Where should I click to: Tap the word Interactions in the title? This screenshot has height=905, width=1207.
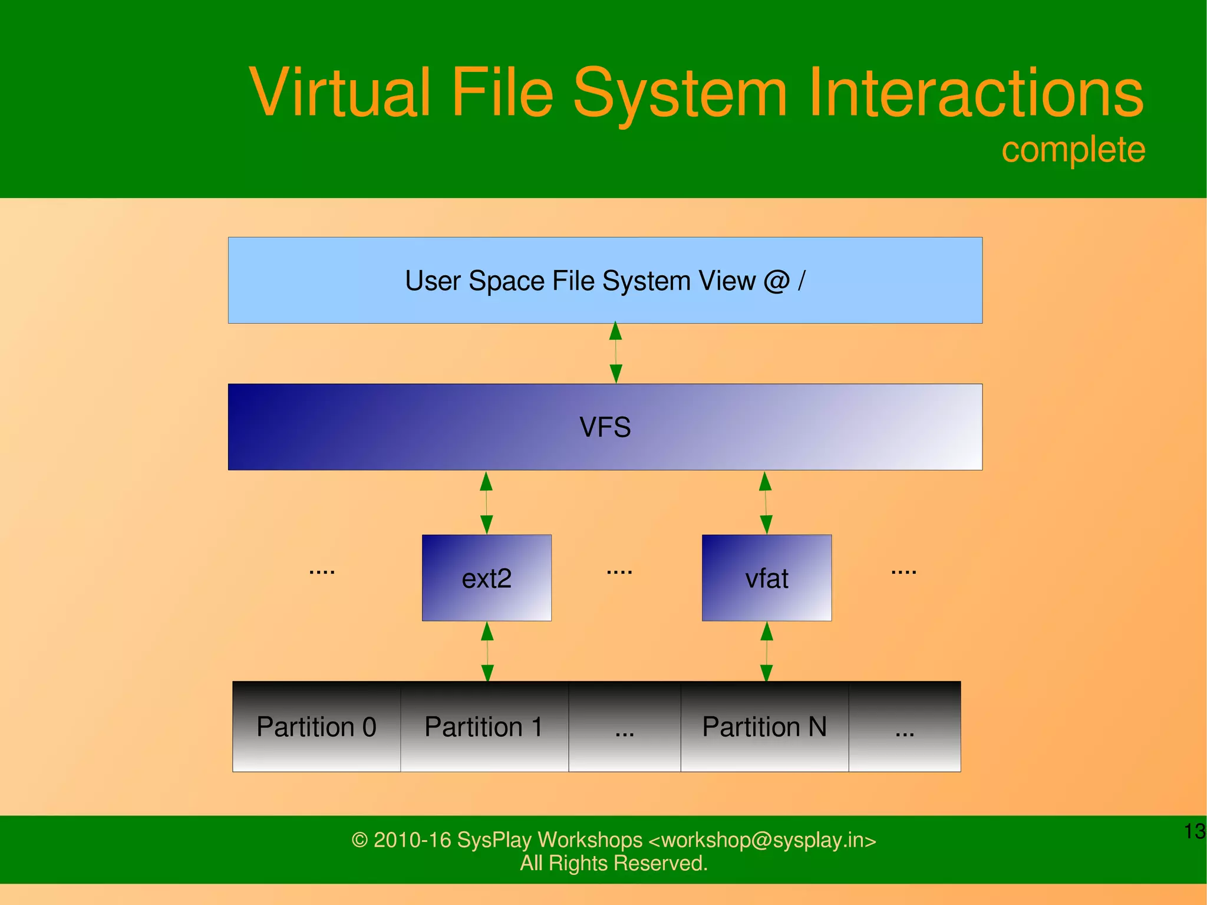[x=975, y=93]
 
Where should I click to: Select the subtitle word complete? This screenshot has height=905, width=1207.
[x=1073, y=150]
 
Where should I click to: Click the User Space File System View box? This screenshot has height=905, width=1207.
[x=605, y=281]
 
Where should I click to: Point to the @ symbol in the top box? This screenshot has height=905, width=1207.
[x=777, y=281]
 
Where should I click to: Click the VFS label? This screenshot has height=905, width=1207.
[x=605, y=427]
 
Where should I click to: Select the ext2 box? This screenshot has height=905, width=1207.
[x=487, y=578]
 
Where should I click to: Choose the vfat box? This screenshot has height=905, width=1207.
[x=766, y=578]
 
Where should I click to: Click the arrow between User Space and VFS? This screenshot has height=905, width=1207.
[x=616, y=353]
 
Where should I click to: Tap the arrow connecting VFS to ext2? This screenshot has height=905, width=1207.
[x=486, y=502]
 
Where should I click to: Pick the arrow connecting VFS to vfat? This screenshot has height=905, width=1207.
[x=766, y=502]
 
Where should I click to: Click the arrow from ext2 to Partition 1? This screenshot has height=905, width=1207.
[x=487, y=651]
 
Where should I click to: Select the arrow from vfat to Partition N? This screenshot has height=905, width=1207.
[x=767, y=651]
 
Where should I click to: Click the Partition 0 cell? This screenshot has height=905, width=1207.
[x=316, y=726]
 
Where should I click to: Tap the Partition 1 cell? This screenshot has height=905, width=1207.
[x=484, y=726]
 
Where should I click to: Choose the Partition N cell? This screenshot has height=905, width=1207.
[x=764, y=726]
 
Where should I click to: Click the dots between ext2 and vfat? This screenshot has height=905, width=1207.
[x=619, y=571]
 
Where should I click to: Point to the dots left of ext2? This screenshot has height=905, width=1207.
[x=322, y=571]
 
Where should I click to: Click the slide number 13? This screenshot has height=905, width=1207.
[x=1195, y=831]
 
